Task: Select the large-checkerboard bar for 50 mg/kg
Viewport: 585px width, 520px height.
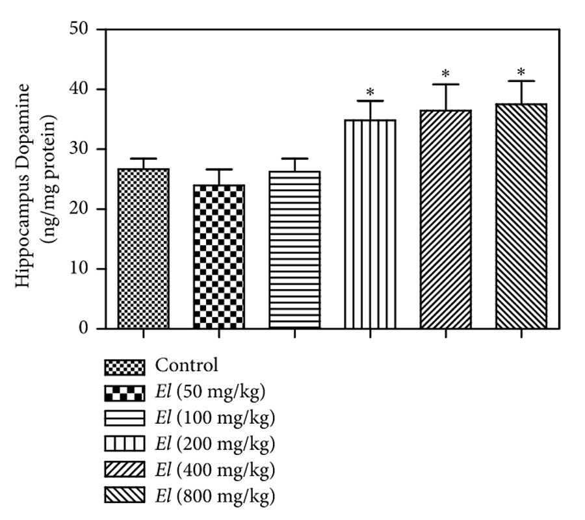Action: coord(218,257)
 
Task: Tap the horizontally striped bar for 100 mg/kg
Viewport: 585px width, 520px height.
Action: coord(294,250)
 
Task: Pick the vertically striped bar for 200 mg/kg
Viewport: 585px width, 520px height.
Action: coord(369,224)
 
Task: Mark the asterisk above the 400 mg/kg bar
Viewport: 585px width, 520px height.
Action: coord(445,74)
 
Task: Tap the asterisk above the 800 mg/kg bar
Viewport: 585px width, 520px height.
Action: coord(521,71)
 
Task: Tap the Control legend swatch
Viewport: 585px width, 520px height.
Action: coord(124,366)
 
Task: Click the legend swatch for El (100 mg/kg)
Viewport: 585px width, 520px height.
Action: coord(124,419)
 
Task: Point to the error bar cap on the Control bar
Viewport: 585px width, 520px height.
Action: coord(143,159)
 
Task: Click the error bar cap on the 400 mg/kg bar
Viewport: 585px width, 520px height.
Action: coord(445,84)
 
